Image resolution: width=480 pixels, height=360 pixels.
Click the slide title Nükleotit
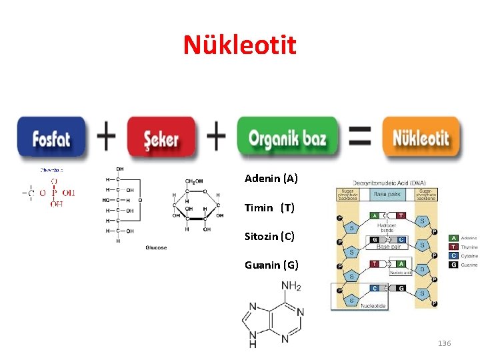240,45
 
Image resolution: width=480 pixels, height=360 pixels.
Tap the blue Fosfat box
51,138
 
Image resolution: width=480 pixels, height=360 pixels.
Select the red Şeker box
161,138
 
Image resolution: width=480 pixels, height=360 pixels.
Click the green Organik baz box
287,138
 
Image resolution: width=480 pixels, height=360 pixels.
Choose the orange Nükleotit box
421,138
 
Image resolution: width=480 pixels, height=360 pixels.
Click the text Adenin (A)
271,179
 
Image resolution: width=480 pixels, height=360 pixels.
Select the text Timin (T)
269,207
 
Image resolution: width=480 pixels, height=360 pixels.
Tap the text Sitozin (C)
269,236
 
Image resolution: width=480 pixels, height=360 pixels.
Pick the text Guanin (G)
271,265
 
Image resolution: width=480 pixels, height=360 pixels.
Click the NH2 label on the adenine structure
291,287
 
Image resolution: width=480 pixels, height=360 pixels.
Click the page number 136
444,343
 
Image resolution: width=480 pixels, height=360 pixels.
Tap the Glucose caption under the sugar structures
156,247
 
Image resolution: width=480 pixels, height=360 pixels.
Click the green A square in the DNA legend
453,238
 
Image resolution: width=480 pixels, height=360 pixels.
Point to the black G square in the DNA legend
453,265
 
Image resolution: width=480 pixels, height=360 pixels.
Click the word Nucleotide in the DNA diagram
373,305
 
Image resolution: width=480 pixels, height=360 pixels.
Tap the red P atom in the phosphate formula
55,193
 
